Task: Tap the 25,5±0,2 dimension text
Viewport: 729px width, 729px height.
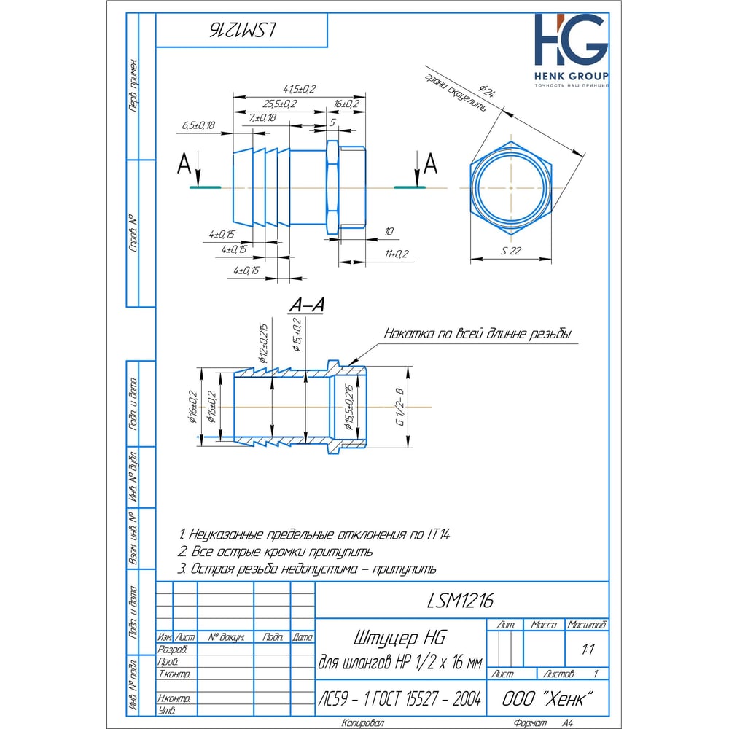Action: coord(280,104)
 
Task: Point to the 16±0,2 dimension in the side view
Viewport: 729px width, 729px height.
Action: coord(346,104)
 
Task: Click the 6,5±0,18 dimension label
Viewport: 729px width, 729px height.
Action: coord(198,126)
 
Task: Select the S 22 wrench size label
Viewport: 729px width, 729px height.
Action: coord(511,250)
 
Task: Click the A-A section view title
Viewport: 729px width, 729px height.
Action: coord(306,306)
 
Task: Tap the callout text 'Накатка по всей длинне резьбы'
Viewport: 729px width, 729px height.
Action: coord(477,335)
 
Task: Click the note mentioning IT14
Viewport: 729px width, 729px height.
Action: coord(316,534)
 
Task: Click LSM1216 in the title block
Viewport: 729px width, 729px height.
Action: coord(460,600)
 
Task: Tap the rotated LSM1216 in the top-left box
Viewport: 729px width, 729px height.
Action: coord(241,30)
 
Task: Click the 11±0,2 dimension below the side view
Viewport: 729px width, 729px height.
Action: coord(397,254)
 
